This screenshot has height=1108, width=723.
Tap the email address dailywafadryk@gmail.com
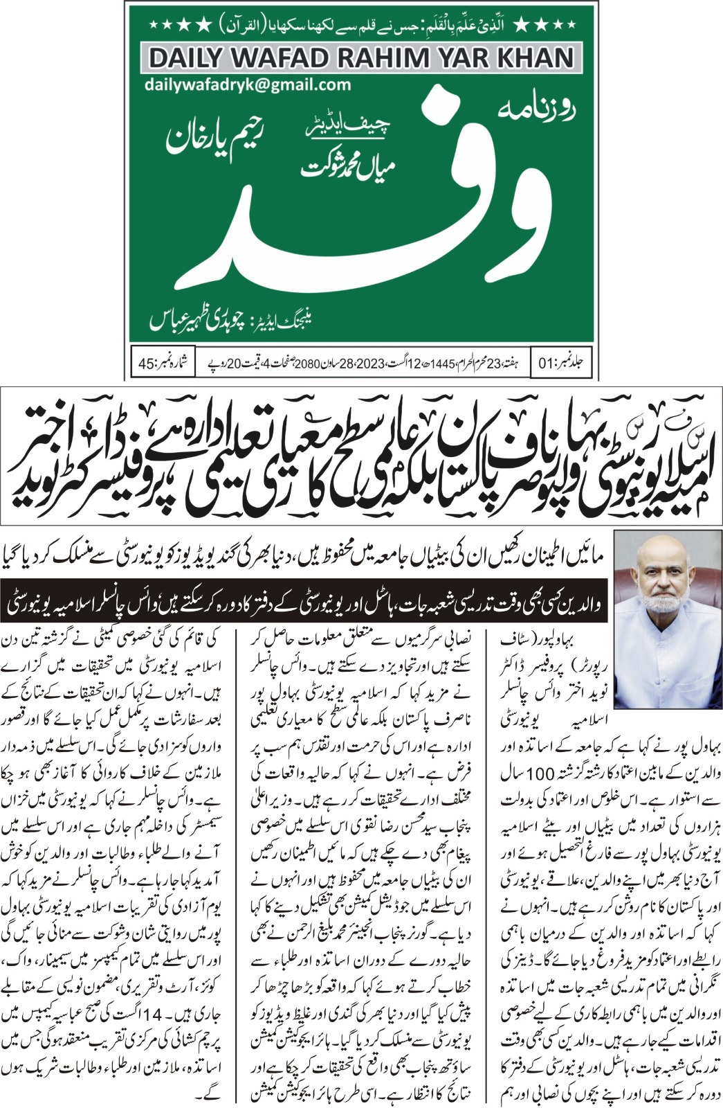click(248, 85)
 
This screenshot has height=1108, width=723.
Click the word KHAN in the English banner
click(532, 58)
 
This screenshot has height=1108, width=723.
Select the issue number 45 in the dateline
click(152, 363)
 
